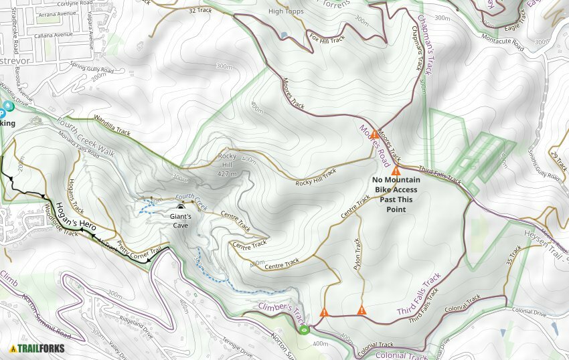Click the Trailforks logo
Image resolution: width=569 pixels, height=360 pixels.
click(x=37, y=349)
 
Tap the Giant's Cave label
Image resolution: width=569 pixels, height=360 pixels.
click(x=181, y=221)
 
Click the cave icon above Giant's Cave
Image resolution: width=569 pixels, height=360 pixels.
click(x=181, y=208)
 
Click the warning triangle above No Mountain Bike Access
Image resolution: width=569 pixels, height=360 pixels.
click(x=396, y=171)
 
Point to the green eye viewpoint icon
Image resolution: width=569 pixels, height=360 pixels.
click(x=305, y=329)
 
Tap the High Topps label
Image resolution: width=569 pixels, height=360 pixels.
click(x=286, y=11)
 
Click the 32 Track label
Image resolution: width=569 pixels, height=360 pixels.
click(x=200, y=11)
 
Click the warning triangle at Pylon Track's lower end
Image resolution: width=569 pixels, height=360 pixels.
click(x=361, y=310)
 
